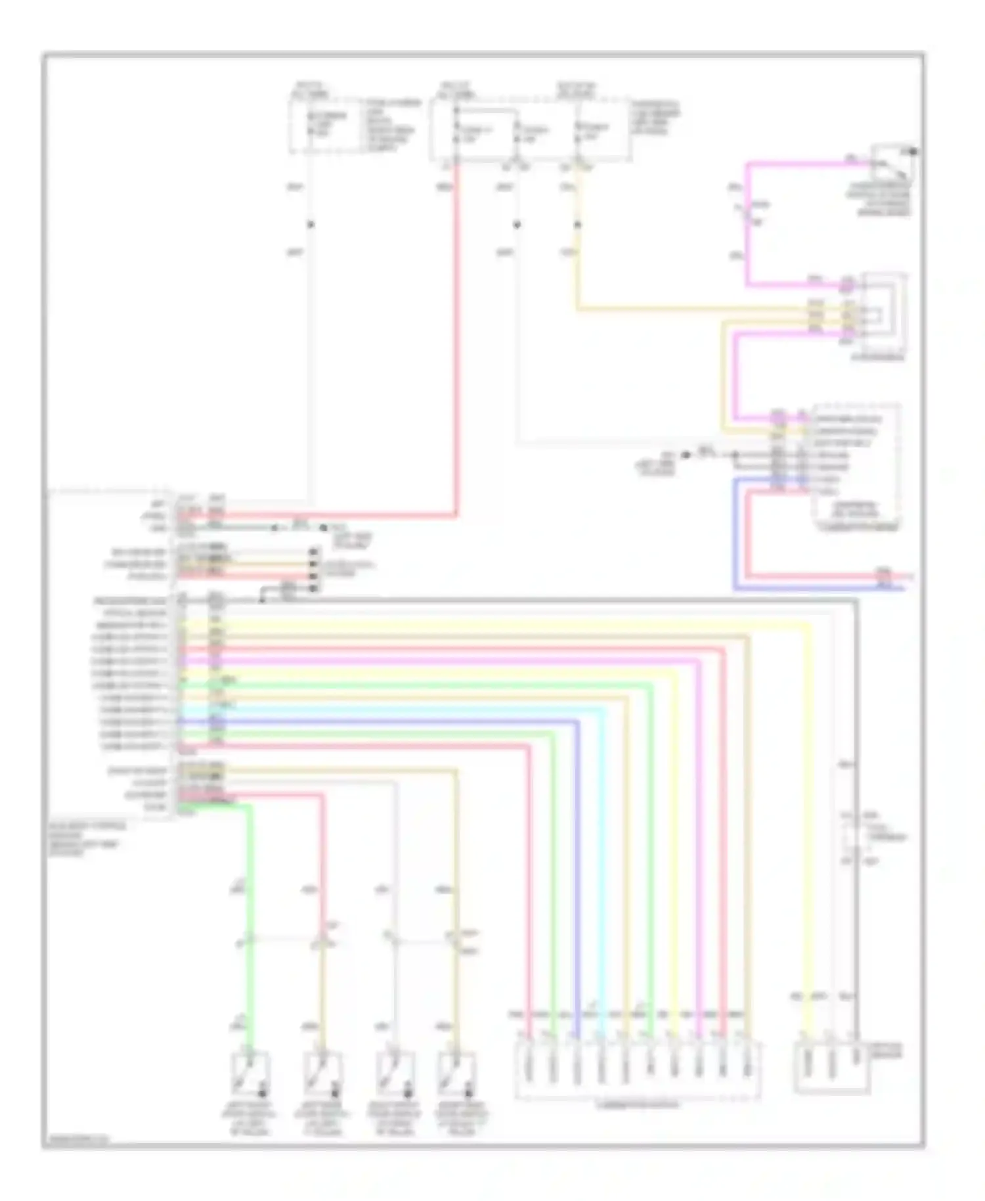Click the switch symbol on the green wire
click(250, 1072)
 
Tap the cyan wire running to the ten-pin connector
click(602, 854)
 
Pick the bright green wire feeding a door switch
click(250, 920)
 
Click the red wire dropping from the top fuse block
click(456, 329)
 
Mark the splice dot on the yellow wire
click(578, 225)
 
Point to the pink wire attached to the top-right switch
click(747, 223)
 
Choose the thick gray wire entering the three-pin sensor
click(856, 854)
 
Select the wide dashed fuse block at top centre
click(529, 129)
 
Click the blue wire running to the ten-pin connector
click(578, 854)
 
